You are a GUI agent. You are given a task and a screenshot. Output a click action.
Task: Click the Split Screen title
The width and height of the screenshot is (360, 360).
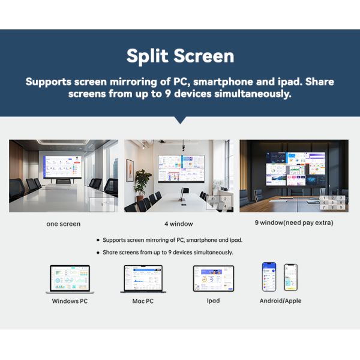click(x=180, y=56)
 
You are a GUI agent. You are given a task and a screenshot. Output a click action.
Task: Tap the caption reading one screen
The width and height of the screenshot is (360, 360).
click(x=64, y=224)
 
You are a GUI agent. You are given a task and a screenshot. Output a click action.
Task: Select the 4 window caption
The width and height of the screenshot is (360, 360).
click(x=179, y=224)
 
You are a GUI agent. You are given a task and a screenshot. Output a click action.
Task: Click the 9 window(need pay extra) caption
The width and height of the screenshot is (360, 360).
click(x=294, y=223)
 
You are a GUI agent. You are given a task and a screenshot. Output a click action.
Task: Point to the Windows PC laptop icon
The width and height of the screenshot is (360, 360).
click(x=70, y=279)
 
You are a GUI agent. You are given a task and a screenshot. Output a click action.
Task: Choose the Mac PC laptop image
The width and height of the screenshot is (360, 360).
click(x=143, y=279)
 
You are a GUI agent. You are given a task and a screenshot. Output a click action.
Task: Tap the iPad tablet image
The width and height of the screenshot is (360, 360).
click(x=214, y=278)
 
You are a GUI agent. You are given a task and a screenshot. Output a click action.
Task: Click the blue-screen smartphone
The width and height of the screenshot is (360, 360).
click(x=269, y=277)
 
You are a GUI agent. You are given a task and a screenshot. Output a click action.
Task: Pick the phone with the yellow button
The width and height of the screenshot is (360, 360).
click(x=290, y=277)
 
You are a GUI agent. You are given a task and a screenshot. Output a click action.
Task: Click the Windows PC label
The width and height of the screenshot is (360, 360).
click(x=70, y=301)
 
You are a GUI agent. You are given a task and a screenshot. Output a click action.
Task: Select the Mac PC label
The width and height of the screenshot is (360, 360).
click(x=143, y=301)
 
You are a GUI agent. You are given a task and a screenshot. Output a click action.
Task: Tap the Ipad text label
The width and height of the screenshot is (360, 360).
click(x=213, y=301)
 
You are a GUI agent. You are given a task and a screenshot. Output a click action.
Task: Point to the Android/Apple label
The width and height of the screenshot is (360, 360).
click(x=280, y=301)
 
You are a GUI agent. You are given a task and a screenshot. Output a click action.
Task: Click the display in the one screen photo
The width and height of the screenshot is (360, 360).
click(x=62, y=167)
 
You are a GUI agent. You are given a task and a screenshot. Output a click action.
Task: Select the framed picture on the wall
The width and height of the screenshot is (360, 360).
click(x=130, y=170)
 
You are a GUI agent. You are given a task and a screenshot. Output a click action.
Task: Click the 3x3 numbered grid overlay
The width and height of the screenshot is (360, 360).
click(x=332, y=203)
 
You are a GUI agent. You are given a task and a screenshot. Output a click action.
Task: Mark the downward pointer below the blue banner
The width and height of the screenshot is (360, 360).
click(x=180, y=120)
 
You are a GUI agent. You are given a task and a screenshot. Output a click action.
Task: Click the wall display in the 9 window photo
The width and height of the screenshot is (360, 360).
click(x=296, y=169)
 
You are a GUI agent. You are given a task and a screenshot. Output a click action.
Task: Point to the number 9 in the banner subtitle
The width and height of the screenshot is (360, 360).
click(x=168, y=94)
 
